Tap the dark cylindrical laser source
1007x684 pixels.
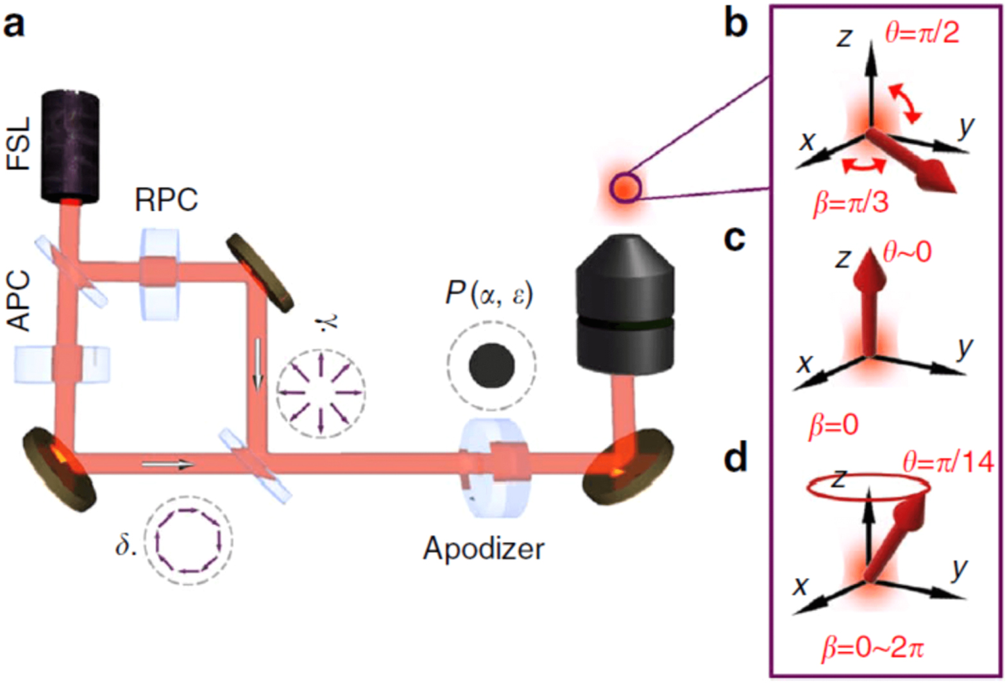(x=70, y=146)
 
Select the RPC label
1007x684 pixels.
(x=166, y=200)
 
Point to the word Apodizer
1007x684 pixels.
(x=484, y=549)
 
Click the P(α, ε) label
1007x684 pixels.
(x=489, y=294)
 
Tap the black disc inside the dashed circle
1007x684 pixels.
(x=492, y=366)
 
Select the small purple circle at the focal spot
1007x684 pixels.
(x=625, y=189)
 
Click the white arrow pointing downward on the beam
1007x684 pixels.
(x=258, y=364)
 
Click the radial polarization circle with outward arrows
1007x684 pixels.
(x=321, y=393)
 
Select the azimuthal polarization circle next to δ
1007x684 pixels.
(x=189, y=540)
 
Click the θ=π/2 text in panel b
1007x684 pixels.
(x=922, y=32)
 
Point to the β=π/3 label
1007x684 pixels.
(x=851, y=203)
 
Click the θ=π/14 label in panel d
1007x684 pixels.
(x=948, y=462)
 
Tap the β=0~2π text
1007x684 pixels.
(x=872, y=649)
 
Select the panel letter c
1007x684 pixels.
(x=734, y=239)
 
